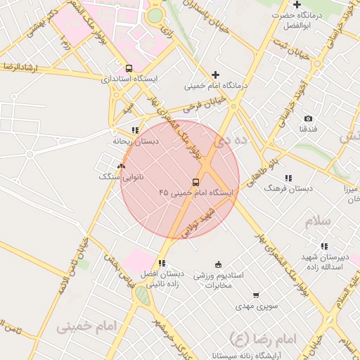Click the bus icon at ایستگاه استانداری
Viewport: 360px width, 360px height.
pyautogui.click(x=129, y=68)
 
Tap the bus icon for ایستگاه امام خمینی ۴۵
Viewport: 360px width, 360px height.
pyautogui.click(x=195, y=181)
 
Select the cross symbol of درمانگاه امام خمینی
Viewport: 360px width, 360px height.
pyautogui.click(x=215, y=75)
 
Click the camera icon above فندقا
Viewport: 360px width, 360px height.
pyautogui.click(x=308, y=119)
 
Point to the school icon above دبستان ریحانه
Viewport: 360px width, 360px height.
pyautogui.click(x=136, y=130)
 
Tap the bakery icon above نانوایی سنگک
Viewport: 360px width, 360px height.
pyautogui.click(x=122, y=167)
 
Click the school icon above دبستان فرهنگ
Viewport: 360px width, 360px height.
pyautogui.click(x=288, y=178)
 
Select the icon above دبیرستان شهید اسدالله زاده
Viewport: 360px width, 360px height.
pyautogui.click(x=324, y=246)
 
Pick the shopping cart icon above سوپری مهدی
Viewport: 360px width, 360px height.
pyautogui.click(x=257, y=295)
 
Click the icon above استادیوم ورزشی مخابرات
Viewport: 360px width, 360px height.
pyautogui.click(x=218, y=264)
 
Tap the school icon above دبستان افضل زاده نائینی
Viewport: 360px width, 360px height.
pyautogui.click(x=162, y=263)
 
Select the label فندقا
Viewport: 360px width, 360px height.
pyautogui.click(x=309, y=129)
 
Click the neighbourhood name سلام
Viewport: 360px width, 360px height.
pyautogui.click(x=317, y=221)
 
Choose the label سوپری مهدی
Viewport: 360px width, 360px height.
pyautogui.click(x=257, y=307)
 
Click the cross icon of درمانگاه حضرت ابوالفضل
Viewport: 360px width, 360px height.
pyautogui.click(x=297, y=5)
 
